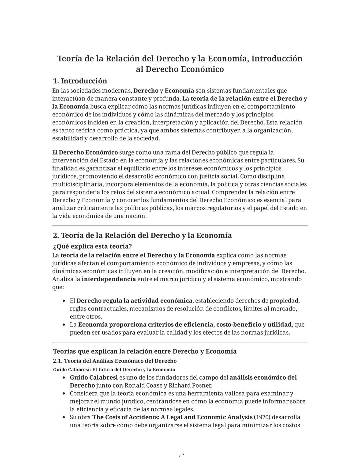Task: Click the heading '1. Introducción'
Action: (80, 81)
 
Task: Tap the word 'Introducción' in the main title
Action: (277, 59)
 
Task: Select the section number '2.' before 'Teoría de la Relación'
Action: (56, 236)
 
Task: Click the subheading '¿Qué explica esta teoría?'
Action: (92, 247)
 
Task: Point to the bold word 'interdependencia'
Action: (109, 279)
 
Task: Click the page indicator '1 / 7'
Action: (180, 455)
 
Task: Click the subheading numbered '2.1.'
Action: (115, 361)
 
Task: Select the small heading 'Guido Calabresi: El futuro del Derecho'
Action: (114, 370)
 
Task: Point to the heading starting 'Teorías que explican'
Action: (145, 351)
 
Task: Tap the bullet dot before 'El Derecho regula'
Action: (64, 301)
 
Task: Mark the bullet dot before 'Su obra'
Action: (64, 417)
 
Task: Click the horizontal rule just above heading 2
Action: (180, 226)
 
